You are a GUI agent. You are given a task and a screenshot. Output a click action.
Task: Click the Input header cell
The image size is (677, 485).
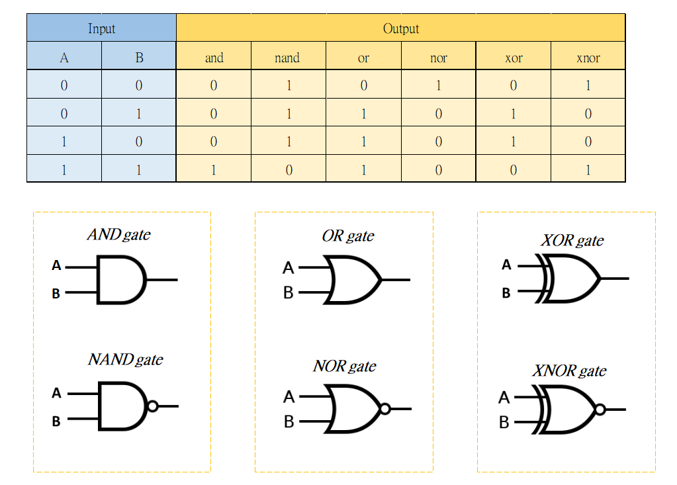pyautogui.click(x=101, y=28)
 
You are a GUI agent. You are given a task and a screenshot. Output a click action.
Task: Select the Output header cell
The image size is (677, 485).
pyautogui.click(x=400, y=28)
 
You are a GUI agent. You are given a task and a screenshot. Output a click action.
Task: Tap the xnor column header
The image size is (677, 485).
pyautogui.click(x=588, y=58)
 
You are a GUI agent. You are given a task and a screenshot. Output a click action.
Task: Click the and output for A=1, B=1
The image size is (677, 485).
pyautogui.click(x=213, y=169)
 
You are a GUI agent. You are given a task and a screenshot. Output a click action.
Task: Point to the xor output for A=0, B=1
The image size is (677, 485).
pyautogui.click(x=513, y=114)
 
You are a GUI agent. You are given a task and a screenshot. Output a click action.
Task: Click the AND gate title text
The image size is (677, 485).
pyautogui.click(x=118, y=235)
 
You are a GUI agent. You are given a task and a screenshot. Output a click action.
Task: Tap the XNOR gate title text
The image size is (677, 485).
pyautogui.click(x=569, y=371)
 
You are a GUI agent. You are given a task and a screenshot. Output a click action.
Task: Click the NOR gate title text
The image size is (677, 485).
pyautogui.click(x=344, y=366)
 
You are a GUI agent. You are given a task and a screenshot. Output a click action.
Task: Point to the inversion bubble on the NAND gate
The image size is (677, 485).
pyautogui.click(x=153, y=406)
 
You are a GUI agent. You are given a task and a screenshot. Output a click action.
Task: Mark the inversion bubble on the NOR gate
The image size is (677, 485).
pyautogui.click(x=385, y=409)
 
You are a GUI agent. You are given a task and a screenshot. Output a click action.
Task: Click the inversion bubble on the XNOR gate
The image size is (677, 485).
pyautogui.click(x=600, y=410)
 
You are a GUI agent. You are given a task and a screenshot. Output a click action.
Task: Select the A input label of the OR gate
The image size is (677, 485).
pyautogui.click(x=288, y=268)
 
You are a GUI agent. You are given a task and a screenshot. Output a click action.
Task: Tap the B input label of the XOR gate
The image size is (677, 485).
pyautogui.click(x=506, y=292)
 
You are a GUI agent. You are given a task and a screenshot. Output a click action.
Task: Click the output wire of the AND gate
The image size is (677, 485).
pyautogui.click(x=162, y=279)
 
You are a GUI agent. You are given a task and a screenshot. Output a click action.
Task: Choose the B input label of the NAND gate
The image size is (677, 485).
pyautogui.click(x=56, y=421)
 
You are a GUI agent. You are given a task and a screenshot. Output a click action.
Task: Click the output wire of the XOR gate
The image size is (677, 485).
pyautogui.click(x=614, y=278)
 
